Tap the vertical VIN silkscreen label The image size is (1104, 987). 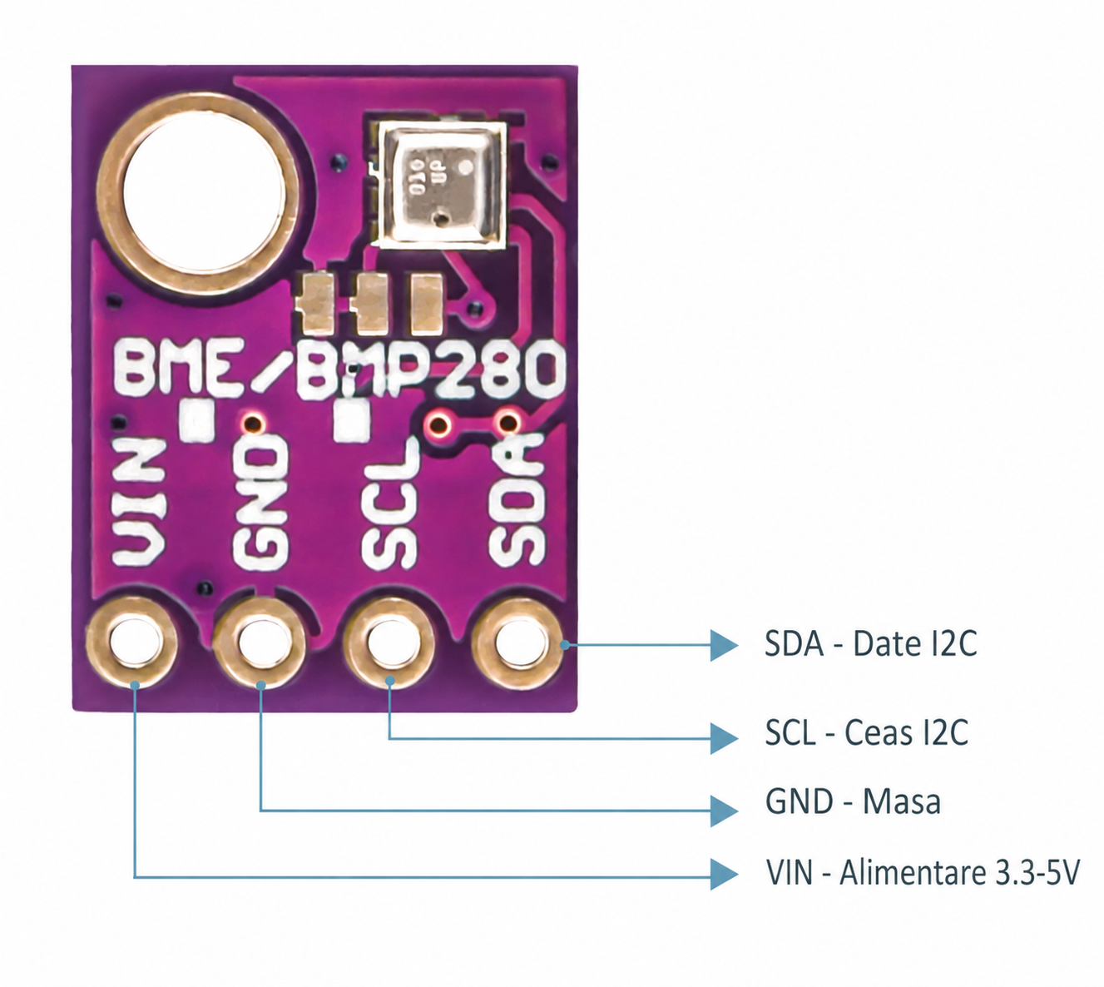138,500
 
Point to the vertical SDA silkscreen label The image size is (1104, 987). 517,500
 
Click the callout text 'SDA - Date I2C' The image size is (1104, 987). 870,643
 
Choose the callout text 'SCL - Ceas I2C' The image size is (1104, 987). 866,732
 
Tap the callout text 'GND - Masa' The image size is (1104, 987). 853,801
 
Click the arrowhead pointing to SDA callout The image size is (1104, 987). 724,645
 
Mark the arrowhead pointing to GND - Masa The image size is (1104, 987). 724,811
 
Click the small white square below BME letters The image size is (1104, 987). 197,420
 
